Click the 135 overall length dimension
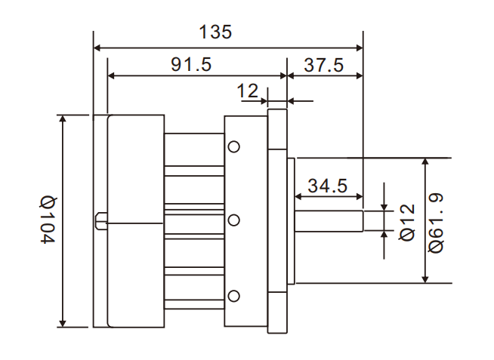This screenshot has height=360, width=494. (x=215, y=32)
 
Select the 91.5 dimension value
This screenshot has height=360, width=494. (x=190, y=65)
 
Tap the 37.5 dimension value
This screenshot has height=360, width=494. (x=324, y=65)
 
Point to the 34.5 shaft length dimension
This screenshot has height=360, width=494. (x=327, y=186)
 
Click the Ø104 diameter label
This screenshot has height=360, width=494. (x=48, y=220)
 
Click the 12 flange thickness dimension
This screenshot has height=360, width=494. (x=248, y=91)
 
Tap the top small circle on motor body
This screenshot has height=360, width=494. (x=234, y=146)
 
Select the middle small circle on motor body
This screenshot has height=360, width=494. (x=234, y=220)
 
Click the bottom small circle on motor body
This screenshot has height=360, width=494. (x=234, y=295)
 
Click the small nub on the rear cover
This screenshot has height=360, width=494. (x=100, y=221)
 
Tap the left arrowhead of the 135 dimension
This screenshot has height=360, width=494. (x=97, y=48)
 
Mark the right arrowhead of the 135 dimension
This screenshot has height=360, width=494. (x=360, y=48)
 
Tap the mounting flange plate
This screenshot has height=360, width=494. (x=278, y=221)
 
